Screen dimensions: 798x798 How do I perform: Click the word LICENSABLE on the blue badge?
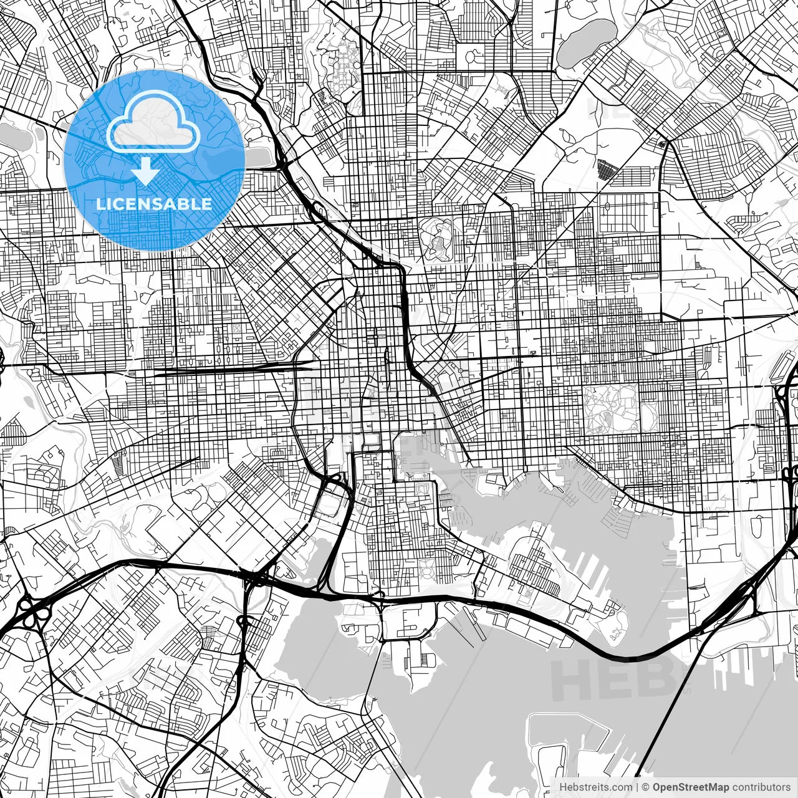point(154,204)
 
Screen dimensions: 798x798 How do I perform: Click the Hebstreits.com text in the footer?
point(595,787)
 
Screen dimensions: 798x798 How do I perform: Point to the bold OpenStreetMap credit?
point(690,787)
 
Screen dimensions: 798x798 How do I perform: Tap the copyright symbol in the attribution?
point(645,787)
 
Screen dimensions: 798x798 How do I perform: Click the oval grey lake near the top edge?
point(585,42)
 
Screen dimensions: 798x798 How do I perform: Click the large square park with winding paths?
point(611,408)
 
